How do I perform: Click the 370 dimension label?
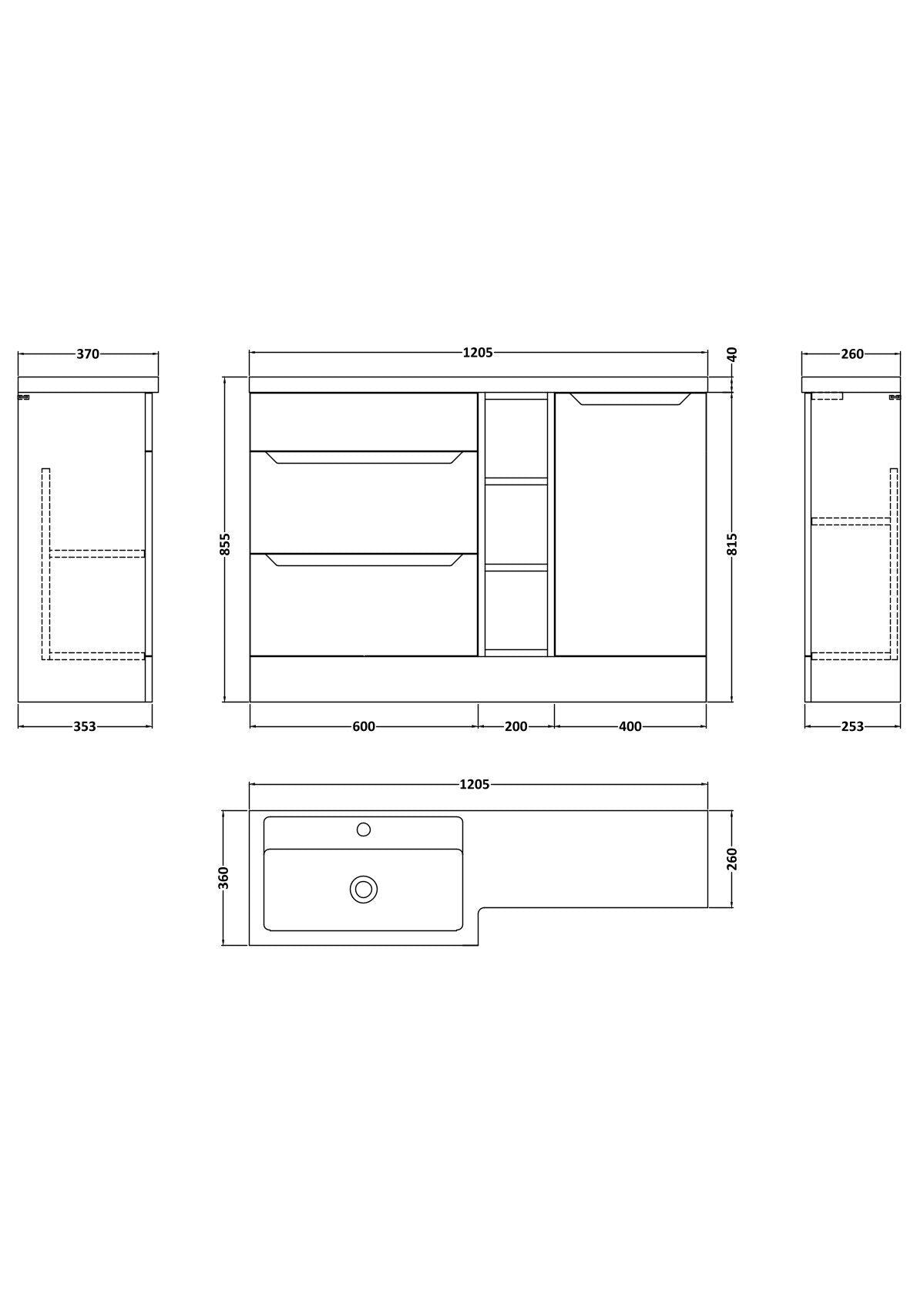tap(88, 354)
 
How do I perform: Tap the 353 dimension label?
tap(85, 726)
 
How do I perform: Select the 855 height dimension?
tap(225, 544)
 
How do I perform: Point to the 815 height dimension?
tap(732, 544)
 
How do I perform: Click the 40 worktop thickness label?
tap(732, 354)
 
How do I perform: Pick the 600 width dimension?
tap(364, 726)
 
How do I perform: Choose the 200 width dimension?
tap(516, 726)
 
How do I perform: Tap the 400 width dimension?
tap(630, 726)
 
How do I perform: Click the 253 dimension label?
tap(853, 726)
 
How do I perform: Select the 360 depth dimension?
tap(225, 878)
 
